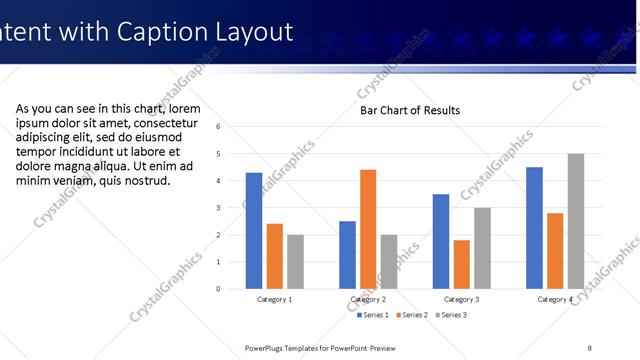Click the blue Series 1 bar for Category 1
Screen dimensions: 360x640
point(254,231)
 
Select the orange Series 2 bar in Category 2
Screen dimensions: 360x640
point(368,229)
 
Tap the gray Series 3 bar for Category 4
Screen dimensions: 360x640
point(576,221)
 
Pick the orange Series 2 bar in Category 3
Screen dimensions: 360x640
point(461,264)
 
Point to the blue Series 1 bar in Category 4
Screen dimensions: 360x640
point(534,228)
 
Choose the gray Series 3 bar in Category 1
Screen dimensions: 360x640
point(296,262)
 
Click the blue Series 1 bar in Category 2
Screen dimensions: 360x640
point(347,255)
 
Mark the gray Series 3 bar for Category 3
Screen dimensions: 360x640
point(482,248)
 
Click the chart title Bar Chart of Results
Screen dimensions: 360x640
point(410,110)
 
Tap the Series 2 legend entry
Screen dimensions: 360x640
point(413,315)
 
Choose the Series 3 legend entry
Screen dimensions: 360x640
point(450,315)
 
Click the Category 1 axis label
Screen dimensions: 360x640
point(275,300)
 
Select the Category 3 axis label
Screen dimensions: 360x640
point(462,300)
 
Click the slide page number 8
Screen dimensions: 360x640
point(590,347)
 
